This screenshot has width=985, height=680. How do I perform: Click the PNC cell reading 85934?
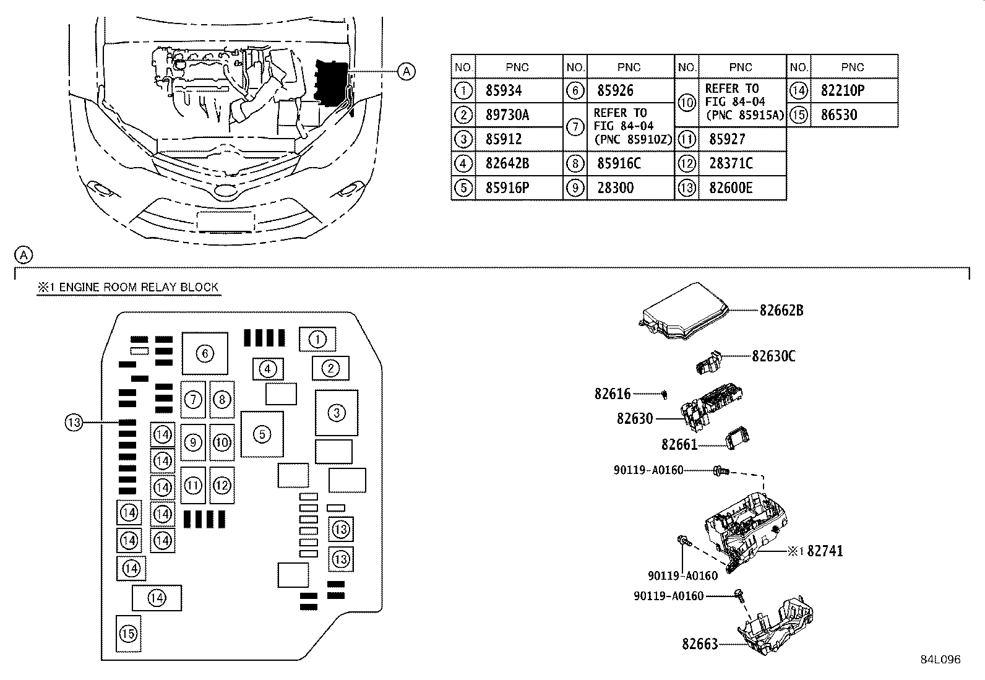504,91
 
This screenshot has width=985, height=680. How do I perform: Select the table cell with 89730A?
507,115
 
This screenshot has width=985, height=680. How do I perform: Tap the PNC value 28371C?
731,164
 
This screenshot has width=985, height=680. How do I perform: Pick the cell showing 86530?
839,115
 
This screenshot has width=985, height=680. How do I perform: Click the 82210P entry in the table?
842,91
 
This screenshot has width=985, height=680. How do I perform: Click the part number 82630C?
773,356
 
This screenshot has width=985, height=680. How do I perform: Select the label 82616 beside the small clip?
613,394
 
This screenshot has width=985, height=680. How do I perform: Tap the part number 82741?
824,551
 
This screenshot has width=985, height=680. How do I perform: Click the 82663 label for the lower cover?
700,645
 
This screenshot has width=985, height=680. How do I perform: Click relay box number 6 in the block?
205,353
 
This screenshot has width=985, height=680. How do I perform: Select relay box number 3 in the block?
336,413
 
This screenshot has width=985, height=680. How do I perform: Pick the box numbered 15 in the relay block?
128,634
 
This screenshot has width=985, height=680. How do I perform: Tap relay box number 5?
262,434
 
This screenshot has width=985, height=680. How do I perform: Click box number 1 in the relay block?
317,339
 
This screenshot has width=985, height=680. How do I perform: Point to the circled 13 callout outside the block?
74,423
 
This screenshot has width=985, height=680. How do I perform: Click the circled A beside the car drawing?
405,72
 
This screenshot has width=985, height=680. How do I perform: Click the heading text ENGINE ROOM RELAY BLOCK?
139,287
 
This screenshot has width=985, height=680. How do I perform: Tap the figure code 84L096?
940,660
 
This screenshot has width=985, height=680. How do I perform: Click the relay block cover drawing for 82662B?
683,312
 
